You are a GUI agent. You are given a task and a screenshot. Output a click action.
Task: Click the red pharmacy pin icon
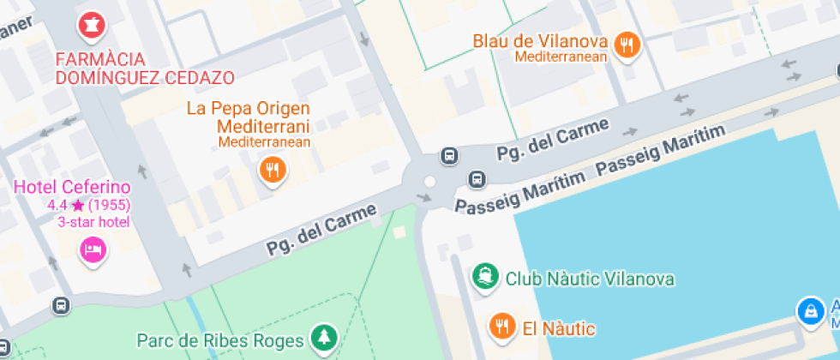coord(90,26)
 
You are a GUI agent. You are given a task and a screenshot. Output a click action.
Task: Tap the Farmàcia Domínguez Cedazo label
coord(144,69)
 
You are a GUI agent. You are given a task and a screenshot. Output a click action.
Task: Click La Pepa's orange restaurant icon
coord(273,169)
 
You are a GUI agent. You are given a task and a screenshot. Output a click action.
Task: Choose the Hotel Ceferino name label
coord(72,187)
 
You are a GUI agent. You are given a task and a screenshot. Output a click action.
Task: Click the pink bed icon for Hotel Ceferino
coord(92,249)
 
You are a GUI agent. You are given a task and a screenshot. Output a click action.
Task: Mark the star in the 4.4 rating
coord(78,206)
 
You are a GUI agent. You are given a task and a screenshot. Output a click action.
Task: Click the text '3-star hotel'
coord(93,223)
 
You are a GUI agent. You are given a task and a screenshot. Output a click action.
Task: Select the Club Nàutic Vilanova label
coord(590,279)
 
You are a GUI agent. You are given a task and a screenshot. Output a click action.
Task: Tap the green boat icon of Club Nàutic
coord(485,277)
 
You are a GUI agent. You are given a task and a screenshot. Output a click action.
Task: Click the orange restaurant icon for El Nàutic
coord(501,326)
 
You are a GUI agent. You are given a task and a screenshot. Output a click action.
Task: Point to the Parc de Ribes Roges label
coord(221,339)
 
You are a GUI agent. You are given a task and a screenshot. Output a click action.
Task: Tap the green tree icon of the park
coord(323,336)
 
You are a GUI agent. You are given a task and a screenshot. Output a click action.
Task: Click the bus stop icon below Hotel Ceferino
coord(61,304)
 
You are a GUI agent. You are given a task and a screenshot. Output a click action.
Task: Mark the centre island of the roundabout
coord(429,182)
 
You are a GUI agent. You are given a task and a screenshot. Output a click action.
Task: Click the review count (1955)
coord(110,206)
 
